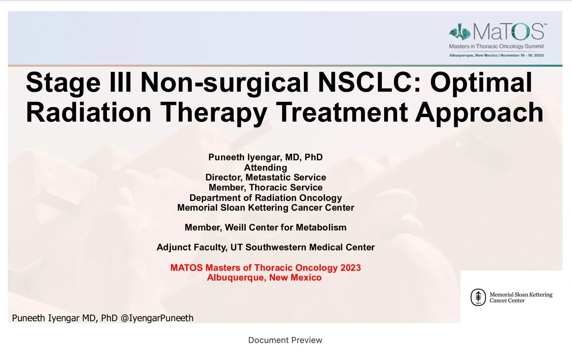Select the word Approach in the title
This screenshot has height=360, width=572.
pos(479,112)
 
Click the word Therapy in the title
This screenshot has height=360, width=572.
pos(214,112)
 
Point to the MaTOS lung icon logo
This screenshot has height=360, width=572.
pos(459,32)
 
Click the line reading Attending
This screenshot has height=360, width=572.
pos(265,168)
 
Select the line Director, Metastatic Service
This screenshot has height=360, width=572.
pos(265,177)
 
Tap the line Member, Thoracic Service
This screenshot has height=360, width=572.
pos(265,187)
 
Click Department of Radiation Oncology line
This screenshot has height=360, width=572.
pos(265,198)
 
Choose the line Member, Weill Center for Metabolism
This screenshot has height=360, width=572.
pos(265,227)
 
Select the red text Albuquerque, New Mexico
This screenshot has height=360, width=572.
pos(264,277)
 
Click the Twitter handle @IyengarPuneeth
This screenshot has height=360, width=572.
pos(157,318)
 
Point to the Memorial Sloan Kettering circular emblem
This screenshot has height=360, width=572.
pos(478,297)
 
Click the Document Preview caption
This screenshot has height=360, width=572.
pos(285,340)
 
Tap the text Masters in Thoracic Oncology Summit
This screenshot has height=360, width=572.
pos(496,46)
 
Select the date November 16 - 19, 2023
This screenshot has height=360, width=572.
pos(522,55)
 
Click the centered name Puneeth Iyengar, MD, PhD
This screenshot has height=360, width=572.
pos(265,157)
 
